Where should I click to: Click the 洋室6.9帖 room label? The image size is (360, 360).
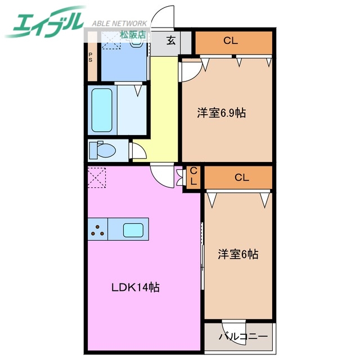[x=221, y=112]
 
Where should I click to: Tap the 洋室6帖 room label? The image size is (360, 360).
[x=238, y=254]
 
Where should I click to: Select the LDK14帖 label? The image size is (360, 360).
[x=134, y=287]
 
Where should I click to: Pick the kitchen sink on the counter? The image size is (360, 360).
[x=133, y=229]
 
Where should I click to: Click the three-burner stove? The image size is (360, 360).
[x=97, y=229]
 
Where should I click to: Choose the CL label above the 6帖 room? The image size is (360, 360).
[x=241, y=178]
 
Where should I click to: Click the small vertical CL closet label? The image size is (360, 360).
[x=193, y=176]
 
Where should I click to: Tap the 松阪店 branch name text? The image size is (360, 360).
[x=133, y=34]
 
